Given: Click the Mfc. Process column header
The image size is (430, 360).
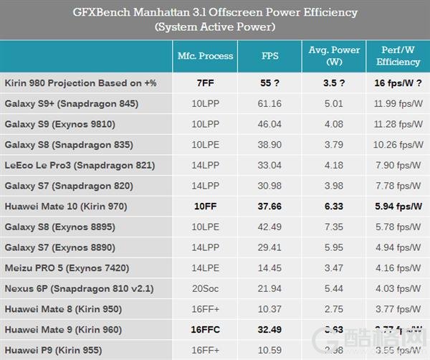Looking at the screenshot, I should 205,56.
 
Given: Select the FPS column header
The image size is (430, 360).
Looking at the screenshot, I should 270,56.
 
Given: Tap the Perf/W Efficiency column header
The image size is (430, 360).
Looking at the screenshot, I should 397,57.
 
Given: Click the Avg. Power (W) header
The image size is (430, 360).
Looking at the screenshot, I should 333,57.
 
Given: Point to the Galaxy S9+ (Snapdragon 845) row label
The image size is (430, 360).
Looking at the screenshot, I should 72,104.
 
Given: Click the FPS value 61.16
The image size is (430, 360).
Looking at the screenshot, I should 270,104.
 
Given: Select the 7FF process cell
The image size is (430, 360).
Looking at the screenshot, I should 205,83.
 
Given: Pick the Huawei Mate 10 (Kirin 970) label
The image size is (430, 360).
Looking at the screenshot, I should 66,207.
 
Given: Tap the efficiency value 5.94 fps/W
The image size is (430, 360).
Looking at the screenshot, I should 397,207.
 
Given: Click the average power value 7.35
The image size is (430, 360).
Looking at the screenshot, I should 334,227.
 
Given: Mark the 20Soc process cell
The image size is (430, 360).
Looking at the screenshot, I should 205,289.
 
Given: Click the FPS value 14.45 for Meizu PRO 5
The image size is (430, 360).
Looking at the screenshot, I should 270,268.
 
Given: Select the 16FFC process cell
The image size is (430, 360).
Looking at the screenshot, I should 205,330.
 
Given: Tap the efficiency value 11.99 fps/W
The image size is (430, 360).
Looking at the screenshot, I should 397,104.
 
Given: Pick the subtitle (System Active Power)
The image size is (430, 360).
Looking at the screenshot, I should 215,27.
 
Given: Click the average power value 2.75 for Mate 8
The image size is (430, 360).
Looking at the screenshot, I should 334,309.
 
